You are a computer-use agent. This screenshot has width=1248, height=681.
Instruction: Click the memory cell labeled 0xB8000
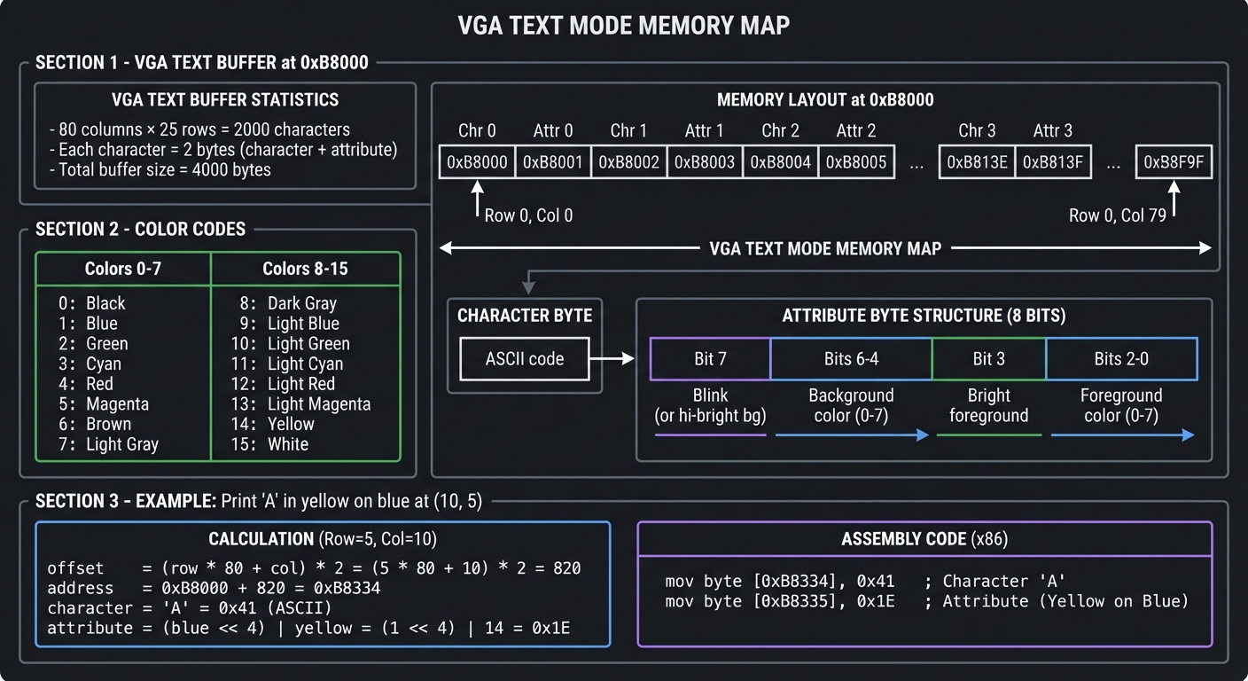coord(477,162)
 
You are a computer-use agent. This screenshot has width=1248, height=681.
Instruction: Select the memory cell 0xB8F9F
coord(1173,162)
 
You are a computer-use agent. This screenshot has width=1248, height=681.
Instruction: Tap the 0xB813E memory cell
coord(977,162)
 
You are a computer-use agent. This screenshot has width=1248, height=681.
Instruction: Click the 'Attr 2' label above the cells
coord(855,131)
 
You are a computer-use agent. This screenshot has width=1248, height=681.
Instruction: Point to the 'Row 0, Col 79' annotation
coord(1117,215)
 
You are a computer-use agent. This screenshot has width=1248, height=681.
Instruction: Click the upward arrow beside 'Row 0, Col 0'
coord(477,200)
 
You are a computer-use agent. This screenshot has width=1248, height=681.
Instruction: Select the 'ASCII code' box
coord(524,359)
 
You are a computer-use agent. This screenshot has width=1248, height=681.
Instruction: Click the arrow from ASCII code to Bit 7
coord(612,359)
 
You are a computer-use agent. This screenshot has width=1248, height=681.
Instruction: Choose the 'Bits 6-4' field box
coord(851,359)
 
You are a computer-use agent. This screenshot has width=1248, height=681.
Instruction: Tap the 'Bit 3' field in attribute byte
coord(988,359)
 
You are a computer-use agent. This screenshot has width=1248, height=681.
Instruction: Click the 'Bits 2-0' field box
coord(1121,359)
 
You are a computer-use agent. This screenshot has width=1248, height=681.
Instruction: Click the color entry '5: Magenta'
coord(104,403)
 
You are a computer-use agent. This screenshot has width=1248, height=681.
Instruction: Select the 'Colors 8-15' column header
coord(305,269)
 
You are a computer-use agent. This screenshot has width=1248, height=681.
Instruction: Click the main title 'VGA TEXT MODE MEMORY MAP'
coord(623,25)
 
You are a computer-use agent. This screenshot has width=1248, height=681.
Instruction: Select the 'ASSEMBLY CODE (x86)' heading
coord(924,539)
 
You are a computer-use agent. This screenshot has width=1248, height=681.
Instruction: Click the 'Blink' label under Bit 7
coord(709,395)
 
